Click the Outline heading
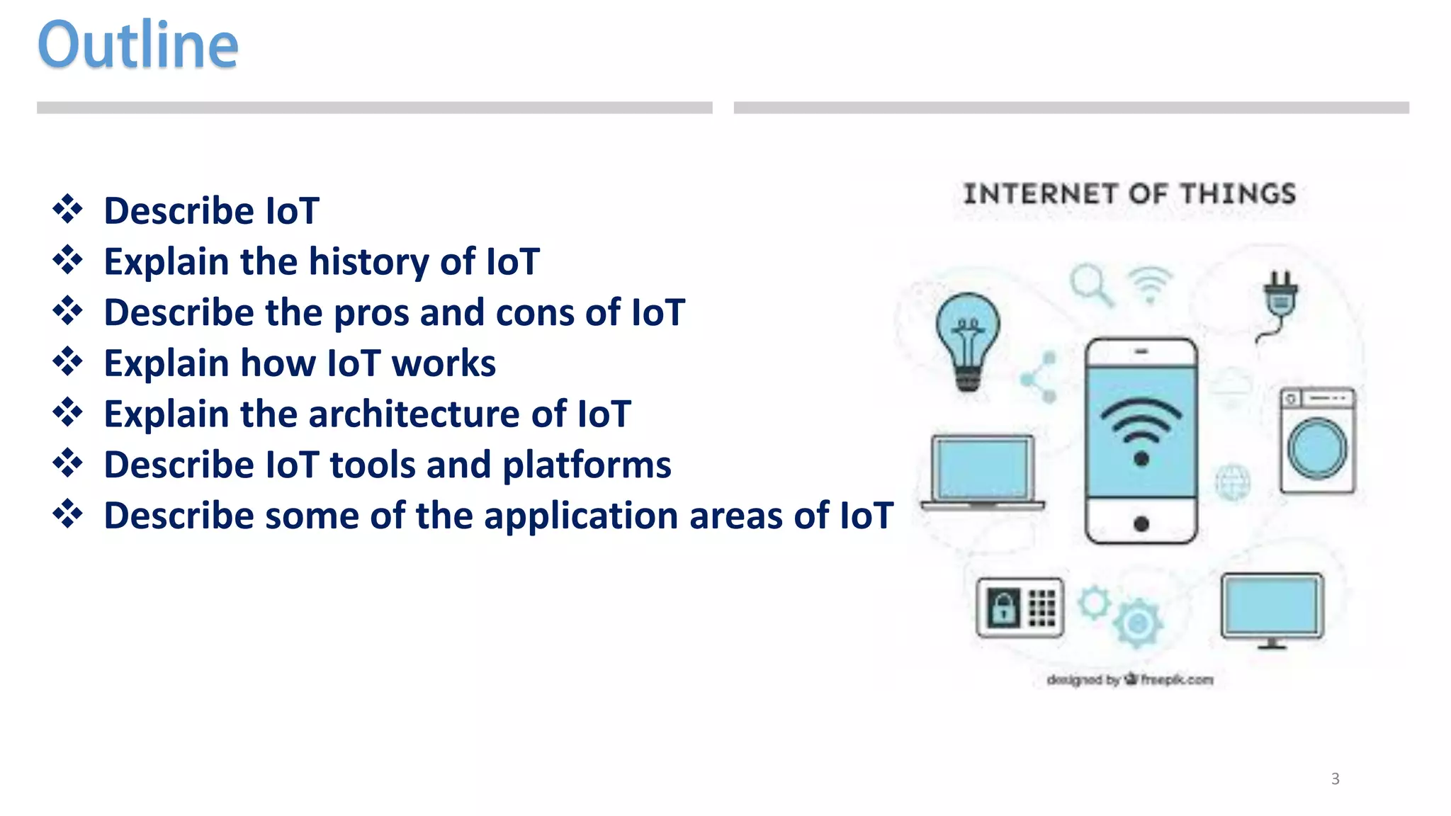pos(138,45)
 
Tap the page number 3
pos(1335,778)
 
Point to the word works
pos(444,364)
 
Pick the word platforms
pos(587,466)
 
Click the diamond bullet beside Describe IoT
pos(68,210)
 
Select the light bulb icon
pos(968,341)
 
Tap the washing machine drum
pos(1317,449)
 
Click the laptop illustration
pos(983,472)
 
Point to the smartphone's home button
pos(1141,524)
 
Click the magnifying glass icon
pos(1090,284)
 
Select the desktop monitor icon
pos(1272,608)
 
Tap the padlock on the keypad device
pos(1003,608)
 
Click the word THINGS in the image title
pos(1238,194)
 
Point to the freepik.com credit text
pos(1176,680)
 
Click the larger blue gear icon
pos(1138,623)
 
